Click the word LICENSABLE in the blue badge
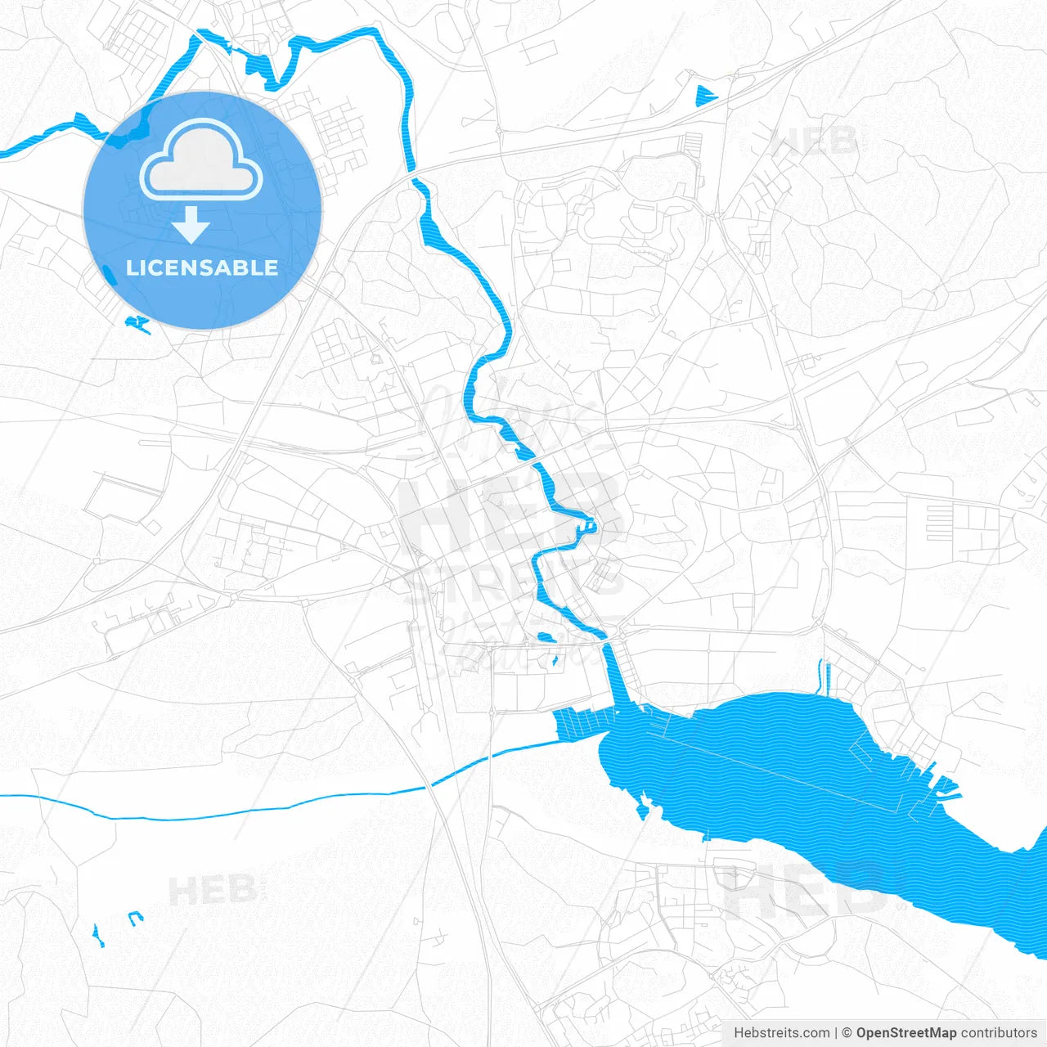(x=202, y=267)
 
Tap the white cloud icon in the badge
(x=201, y=161)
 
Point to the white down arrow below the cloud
(x=191, y=225)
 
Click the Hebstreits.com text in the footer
(x=781, y=1033)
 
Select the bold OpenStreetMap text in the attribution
(x=905, y=1033)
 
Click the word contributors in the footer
(x=998, y=1033)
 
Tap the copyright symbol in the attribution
(x=847, y=1033)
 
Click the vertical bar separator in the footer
(x=836, y=1033)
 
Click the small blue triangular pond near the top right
(x=703, y=97)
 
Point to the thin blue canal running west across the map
(x=245, y=811)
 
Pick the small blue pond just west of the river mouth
(x=545, y=637)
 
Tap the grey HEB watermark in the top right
(x=818, y=141)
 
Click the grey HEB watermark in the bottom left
(x=213, y=890)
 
